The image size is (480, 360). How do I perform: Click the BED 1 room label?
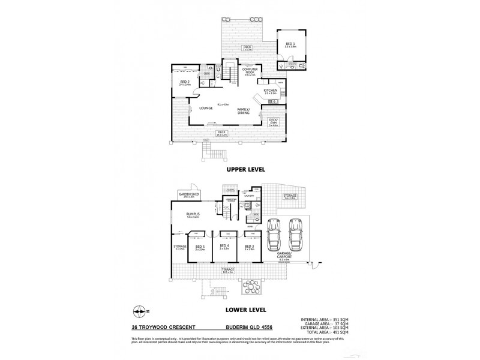click(290, 44)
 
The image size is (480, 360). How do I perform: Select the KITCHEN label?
click(271, 90)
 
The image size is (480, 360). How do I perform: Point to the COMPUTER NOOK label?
click(250, 71)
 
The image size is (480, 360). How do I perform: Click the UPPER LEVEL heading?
click(247, 169)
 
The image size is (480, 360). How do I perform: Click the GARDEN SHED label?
click(185, 194)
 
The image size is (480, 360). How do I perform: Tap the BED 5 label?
click(200, 245)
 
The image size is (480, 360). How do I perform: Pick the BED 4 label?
click(224, 245)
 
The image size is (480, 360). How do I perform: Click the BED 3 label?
click(249, 245)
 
